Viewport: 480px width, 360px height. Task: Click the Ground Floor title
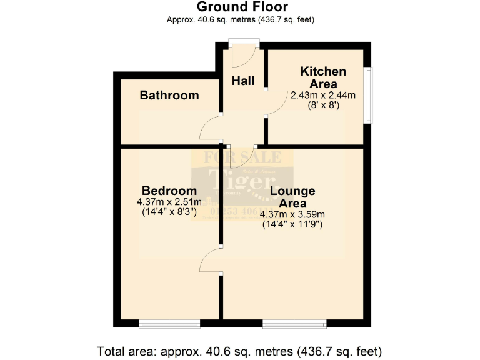coord(242,7)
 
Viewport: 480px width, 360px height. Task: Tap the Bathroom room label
coord(169,96)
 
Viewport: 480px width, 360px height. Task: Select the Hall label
coord(243,81)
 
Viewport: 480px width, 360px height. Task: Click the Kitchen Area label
coord(322,77)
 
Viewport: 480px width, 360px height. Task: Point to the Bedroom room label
coord(169,191)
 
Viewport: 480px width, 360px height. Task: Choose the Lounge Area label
coord(292,197)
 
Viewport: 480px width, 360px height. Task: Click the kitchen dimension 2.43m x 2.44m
coord(322,96)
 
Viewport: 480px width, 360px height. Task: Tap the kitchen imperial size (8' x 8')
coord(322,106)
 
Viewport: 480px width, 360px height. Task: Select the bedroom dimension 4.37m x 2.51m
coord(169,202)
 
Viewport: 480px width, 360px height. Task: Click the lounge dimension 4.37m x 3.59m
coord(292,214)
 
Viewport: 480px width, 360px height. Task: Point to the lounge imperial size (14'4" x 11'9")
coord(292,224)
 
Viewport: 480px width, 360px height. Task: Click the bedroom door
coord(211,260)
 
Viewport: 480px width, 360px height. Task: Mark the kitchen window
coord(369,95)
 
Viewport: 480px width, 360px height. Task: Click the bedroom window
coord(169,324)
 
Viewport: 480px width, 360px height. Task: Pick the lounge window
coord(294,324)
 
